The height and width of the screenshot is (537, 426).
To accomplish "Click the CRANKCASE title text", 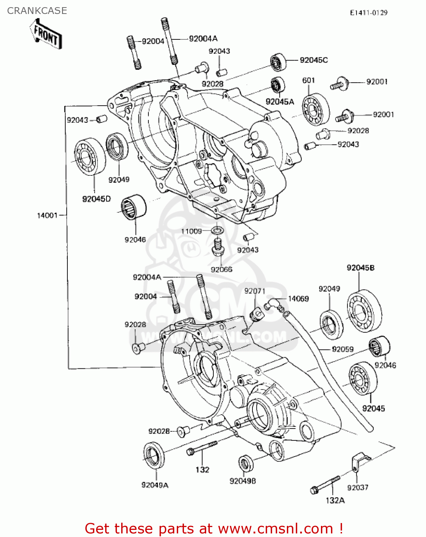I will tap(37, 11).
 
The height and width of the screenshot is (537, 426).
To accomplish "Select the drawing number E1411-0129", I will tap(369, 13).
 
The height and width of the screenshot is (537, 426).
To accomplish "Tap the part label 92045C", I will tap(314, 60).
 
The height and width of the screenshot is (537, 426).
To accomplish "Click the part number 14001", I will tap(47, 215).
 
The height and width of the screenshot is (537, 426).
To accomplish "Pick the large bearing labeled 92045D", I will tap(90, 158).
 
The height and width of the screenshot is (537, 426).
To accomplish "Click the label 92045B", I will tap(360, 268).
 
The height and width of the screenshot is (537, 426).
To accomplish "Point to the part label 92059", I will tap(342, 349).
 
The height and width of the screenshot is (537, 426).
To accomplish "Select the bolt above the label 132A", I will tap(325, 484).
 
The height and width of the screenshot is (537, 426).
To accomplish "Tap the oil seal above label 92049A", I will tap(154, 455).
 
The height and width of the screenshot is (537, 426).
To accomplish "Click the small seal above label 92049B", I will tap(246, 464).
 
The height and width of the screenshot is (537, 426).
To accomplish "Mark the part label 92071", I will tap(255, 291).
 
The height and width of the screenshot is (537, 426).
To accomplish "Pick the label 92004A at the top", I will tap(203, 39).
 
